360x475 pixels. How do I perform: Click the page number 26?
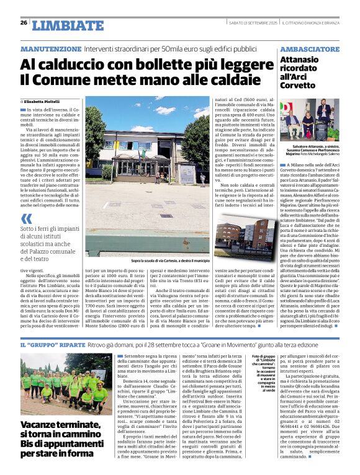pos(24,23)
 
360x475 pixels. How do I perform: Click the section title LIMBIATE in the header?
pos(68,25)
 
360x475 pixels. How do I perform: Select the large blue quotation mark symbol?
pos(26,218)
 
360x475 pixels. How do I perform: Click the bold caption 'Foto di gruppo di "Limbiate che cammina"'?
pos(264,361)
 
